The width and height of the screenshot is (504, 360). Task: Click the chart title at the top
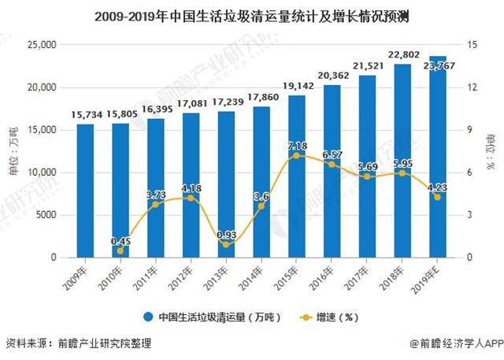pyautogui.click(x=251, y=15)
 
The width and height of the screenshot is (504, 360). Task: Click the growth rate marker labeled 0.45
pyautogui.click(x=120, y=251)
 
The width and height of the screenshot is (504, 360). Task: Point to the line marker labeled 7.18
pyautogui.click(x=296, y=155)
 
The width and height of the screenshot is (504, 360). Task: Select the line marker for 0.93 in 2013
pyautogui.click(x=225, y=244)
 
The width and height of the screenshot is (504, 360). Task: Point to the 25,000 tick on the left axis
pyautogui.click(x=40, y=45)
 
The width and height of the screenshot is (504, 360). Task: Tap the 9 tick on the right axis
pyautogui.click(x=471, y=130)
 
